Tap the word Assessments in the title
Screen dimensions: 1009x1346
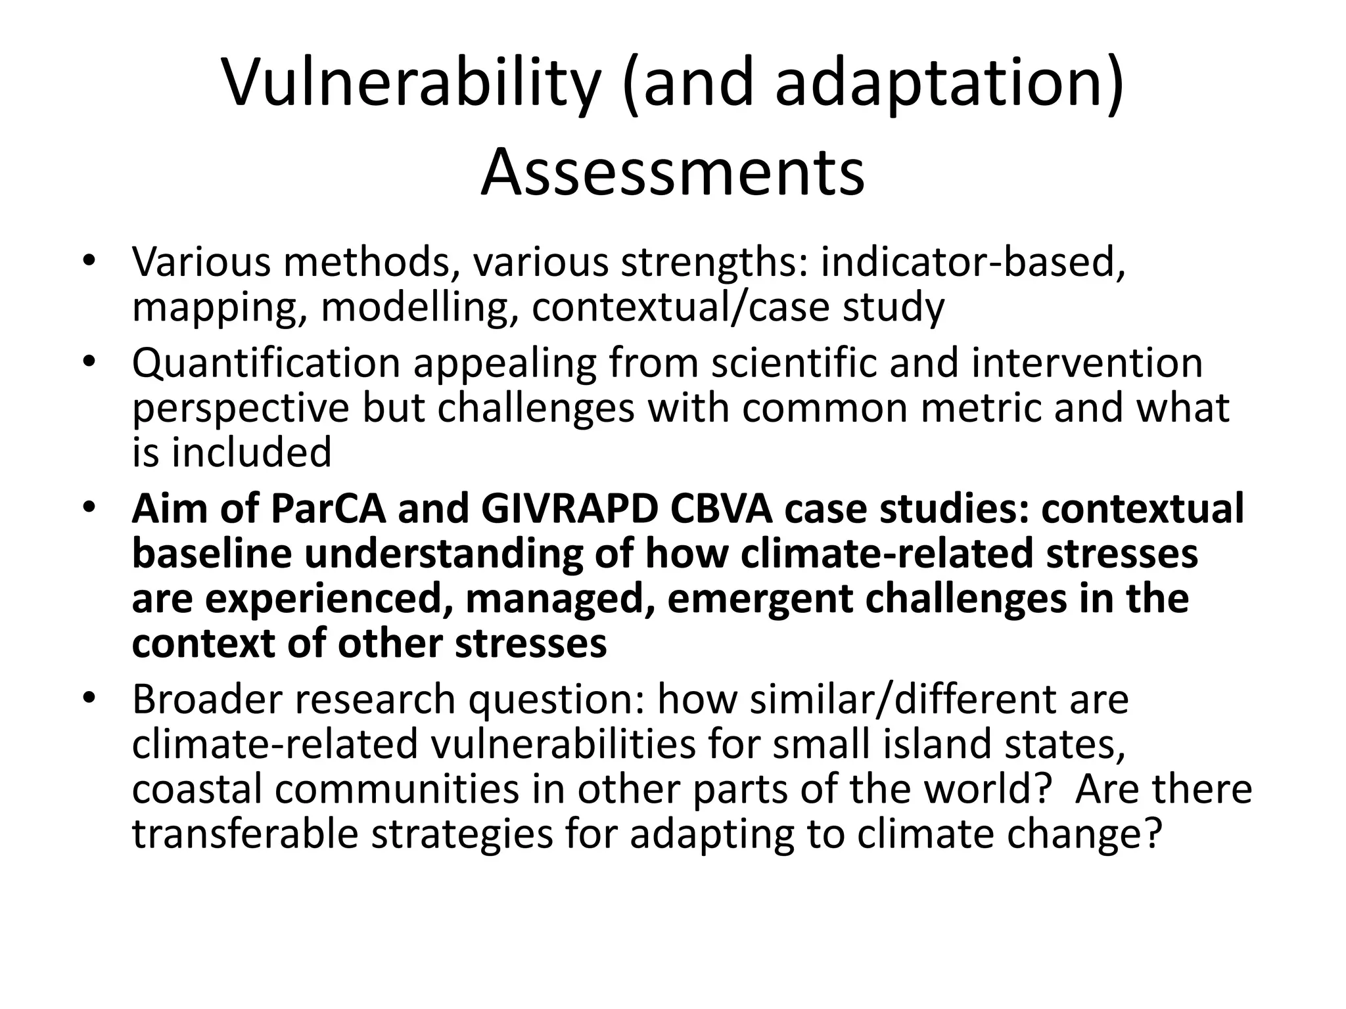672,172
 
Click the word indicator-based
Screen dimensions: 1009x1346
973,261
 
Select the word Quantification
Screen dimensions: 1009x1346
266,363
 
